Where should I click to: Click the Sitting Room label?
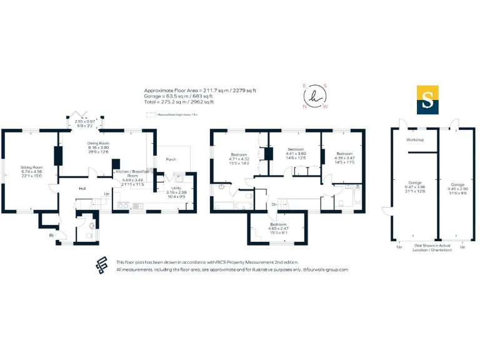[32, 167]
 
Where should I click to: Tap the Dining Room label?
[97, 143]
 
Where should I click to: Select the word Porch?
[171, 159]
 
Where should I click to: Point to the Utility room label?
[176, 187]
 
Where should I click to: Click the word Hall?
[82, 187]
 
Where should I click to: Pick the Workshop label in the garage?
[415, 139]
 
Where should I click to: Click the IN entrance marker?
[52, 235]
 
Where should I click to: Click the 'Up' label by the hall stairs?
[106, 194]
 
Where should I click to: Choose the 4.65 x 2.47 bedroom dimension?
[279, 228]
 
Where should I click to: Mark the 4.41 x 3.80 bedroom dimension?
[295, 153]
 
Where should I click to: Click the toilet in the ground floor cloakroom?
[92, 225]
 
